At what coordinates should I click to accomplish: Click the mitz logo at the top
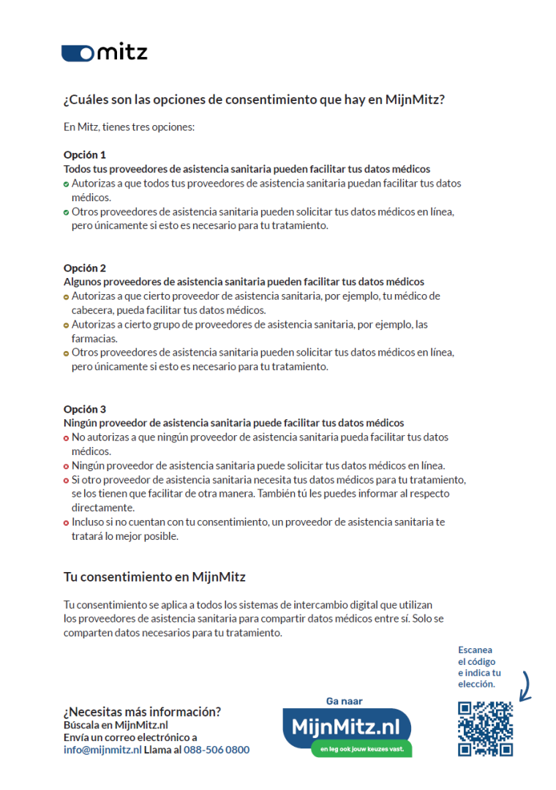pos(105,52)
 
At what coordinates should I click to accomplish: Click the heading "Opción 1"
pos(85,155)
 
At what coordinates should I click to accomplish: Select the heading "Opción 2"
pos(85,268)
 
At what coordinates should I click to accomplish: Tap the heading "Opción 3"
pos(85,409)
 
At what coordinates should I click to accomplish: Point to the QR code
pos(485,729)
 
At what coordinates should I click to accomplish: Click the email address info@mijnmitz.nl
pos(102,750)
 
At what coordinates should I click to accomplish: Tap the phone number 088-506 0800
pos(217,750)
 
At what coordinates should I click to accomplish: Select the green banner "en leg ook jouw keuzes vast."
pos(361,749)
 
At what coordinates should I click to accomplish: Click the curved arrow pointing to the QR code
pos(525,688)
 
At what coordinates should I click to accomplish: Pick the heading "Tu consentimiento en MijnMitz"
pos(154,577)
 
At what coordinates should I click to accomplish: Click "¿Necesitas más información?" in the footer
pos(142,711)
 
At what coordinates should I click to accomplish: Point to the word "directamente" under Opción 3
pos(103,508)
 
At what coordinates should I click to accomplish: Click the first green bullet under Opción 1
pos(67,184)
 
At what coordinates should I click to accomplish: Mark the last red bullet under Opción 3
pos(67,522)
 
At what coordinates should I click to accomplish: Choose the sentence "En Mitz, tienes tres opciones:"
pos(129,127)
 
